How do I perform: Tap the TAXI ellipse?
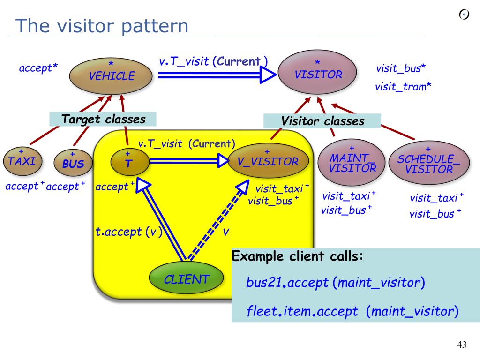click(x=22, y=161)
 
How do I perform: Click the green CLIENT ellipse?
click(x=187, y=279)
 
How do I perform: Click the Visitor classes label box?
click(x=322, y=121)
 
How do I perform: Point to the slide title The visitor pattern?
click(x=101, y=25)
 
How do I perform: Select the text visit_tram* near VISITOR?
click(x=403, y=87)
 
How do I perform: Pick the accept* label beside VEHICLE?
click(x=38, y=68)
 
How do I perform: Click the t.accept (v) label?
click(x=128, y=232)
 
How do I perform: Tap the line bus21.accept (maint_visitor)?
click(x=335, y=283)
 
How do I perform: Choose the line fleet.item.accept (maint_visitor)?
click(x=352, y=311)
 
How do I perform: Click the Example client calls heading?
click(x=298, y=256)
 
